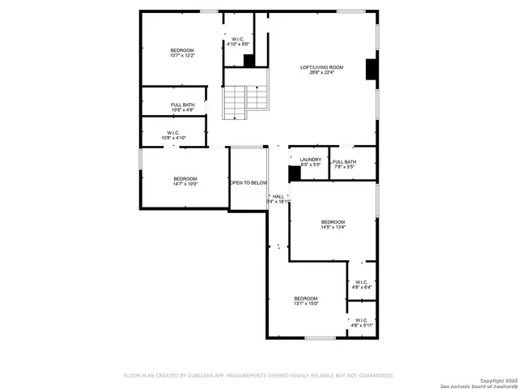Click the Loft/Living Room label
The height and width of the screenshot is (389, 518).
322,70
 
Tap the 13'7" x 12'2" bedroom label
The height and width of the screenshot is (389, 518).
182,53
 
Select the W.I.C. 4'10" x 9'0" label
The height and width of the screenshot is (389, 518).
238,42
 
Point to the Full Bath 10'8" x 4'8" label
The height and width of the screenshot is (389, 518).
182,107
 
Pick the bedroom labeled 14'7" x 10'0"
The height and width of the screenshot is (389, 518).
185,182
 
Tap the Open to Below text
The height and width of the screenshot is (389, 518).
248,183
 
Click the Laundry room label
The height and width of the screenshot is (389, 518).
310,162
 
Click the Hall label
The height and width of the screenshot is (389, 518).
278,198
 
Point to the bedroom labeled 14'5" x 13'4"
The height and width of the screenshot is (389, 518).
333,224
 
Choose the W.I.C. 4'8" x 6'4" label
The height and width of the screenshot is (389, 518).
361,284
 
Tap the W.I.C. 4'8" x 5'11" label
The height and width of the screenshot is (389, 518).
361,323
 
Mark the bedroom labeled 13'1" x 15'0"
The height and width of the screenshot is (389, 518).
306,301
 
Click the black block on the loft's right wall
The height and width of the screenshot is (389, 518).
372,71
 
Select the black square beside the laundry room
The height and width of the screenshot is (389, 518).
295,173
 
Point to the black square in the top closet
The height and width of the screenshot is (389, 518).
249,60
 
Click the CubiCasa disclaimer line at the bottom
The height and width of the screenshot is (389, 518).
258,376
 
